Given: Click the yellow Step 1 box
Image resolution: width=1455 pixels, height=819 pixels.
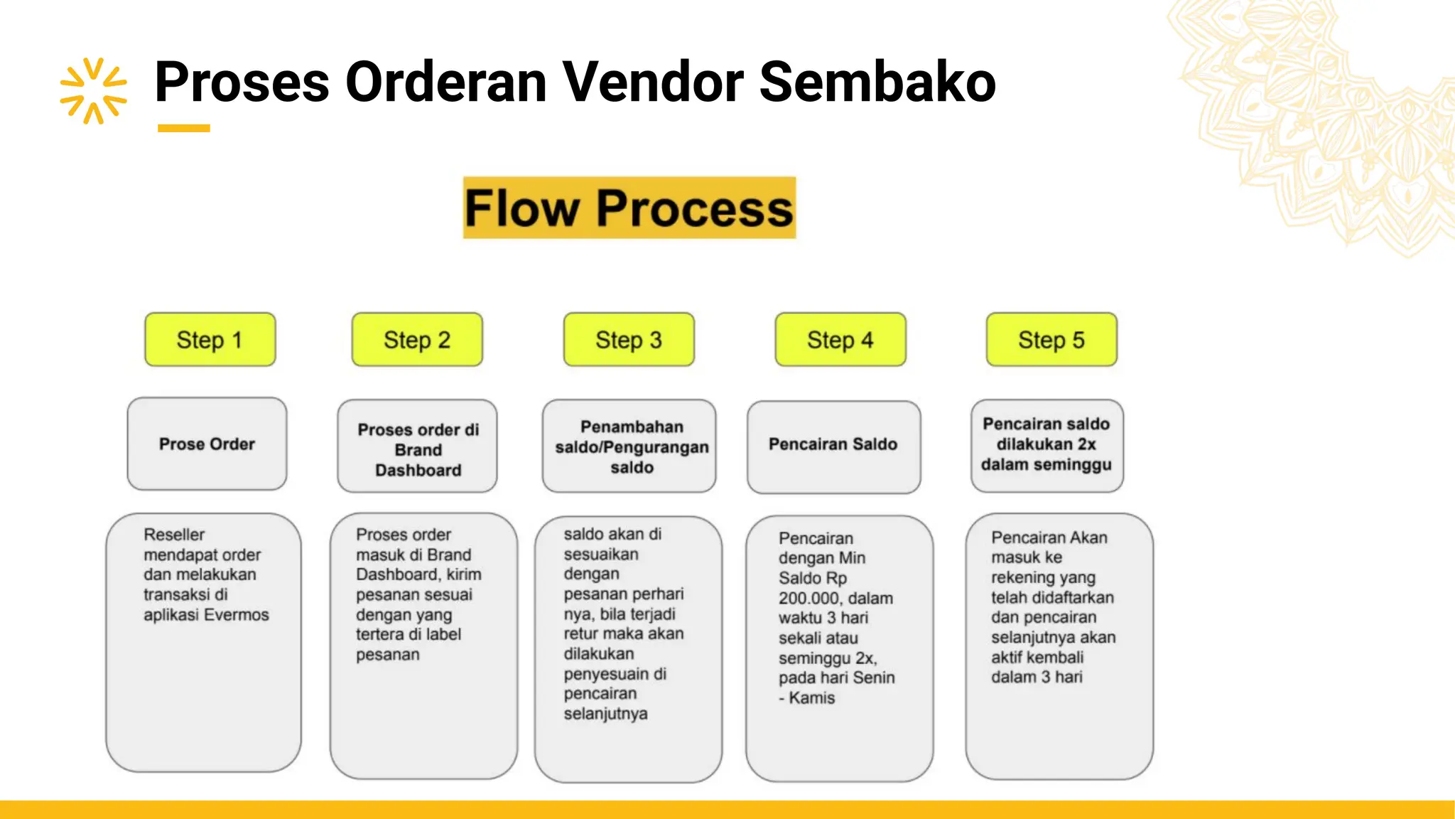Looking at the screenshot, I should point(210,340).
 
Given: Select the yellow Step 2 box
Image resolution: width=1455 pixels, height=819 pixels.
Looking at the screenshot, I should point(417,340).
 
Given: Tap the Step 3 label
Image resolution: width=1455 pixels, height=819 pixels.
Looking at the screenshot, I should point(629,340).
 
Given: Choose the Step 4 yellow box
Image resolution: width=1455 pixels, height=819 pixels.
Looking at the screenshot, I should point(840,340).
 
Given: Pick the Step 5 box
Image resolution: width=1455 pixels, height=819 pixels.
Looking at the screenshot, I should point(1051,340).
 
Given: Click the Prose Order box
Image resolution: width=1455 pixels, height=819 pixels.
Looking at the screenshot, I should point(207,444).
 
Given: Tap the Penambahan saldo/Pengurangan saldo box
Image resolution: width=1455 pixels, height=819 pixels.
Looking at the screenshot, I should point(629,446).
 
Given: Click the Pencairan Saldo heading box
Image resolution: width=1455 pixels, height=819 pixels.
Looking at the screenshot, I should point(833,446).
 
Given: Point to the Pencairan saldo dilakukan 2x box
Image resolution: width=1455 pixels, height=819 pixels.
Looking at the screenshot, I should point(1046,445).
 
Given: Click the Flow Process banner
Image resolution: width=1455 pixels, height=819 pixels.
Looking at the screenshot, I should point(629,208).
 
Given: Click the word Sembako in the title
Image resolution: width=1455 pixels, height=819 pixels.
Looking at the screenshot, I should point(877,82).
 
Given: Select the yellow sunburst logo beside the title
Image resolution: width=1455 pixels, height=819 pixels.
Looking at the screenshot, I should point(93,90).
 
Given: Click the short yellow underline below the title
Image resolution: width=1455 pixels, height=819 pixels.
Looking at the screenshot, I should point(183,129).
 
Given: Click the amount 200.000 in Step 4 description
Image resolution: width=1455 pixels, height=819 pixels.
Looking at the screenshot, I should point(806,599).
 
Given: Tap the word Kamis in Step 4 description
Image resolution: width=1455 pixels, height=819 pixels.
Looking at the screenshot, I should point(812,698).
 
